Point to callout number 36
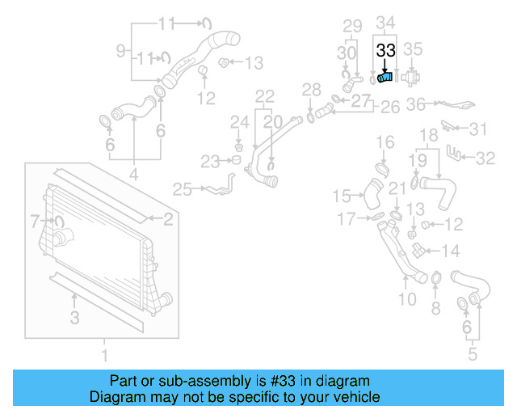415,104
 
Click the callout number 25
183,189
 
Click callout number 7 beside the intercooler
35,220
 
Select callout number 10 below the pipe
407,300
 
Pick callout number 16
385,143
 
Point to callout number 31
479,129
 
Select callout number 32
485,158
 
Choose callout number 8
435,307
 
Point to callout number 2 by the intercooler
168,218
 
